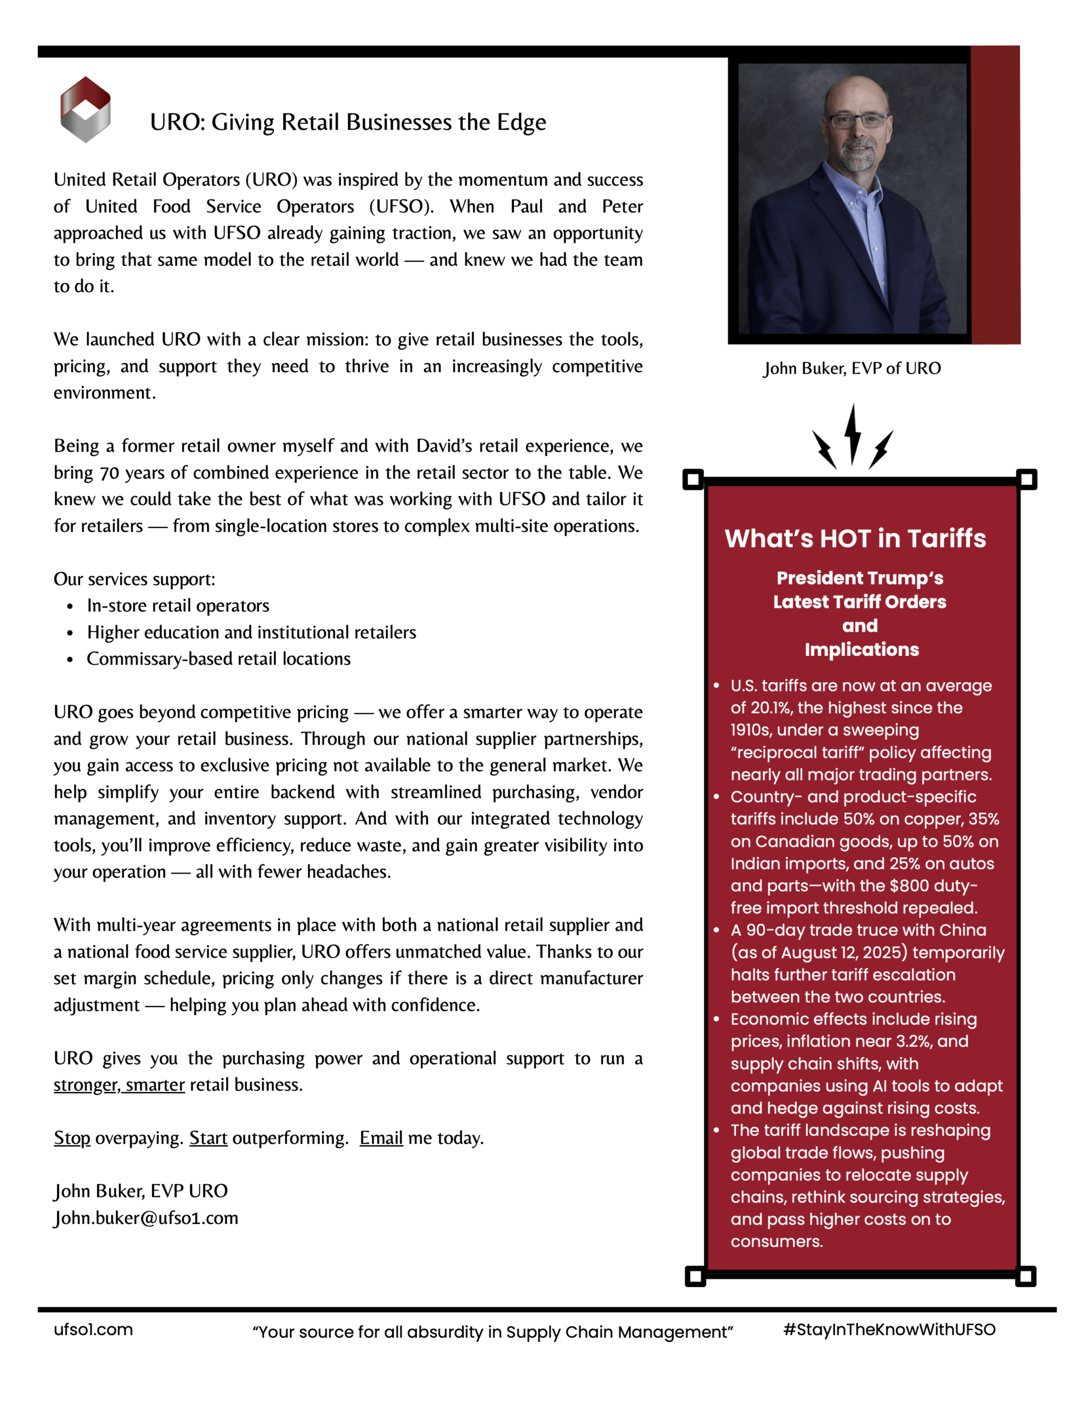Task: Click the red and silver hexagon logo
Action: click(x=85, y=109)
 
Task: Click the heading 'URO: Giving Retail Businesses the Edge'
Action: click(x=347, y=122)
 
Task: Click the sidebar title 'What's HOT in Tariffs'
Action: click(x=855, y=538)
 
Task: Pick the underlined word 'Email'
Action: click(x=381, y=1138)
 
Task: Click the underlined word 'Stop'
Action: click(x=72, y=1138)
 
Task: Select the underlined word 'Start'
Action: click(x=208, y=1138)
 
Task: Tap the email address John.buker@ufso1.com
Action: click(x=146, y=1218)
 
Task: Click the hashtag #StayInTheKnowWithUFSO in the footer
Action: click(x=889, y=1330)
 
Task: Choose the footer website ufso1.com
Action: click(x=93, y=1330)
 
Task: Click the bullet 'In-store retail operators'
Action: click(x=178, y=605)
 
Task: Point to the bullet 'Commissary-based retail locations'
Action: click(x=219, y=659)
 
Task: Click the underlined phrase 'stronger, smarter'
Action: click(x=119, y=1084)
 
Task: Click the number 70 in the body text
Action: click(x=109, y=473)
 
